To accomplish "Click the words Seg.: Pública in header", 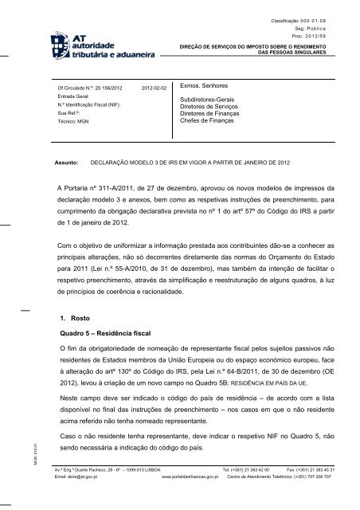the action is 328,26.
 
